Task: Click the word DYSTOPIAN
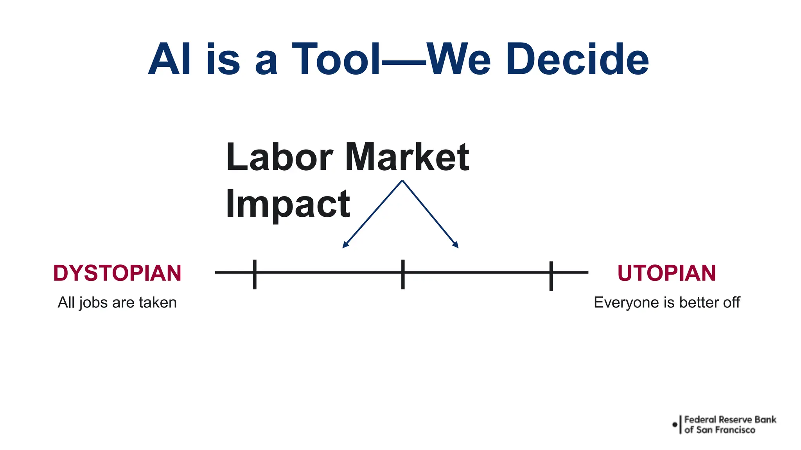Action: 117,273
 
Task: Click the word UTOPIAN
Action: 666,273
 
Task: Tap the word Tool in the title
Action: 336,59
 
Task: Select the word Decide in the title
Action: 577,59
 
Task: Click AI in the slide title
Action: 170,59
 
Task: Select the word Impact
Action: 288,204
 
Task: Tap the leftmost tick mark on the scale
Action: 255,274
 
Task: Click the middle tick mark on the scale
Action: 403,274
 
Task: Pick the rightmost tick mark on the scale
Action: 551,276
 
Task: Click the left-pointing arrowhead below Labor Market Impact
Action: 345,245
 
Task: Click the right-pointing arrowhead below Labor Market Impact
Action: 456,245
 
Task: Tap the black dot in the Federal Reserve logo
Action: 675,425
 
